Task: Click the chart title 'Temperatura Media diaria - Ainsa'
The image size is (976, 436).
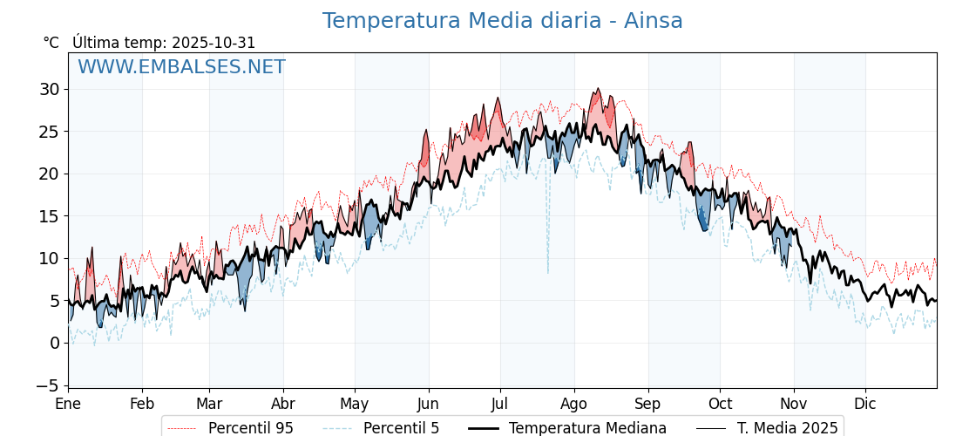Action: coord(502,21)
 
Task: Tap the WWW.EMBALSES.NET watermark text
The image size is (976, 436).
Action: coord(181,67)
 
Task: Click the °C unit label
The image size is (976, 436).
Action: coord(51,43)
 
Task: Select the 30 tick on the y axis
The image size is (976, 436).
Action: coord(49,89)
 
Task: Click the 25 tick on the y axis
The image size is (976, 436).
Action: coord(49,132)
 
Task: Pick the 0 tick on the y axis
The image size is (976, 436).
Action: coord(54,343)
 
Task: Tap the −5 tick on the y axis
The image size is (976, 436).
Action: coord(49,385)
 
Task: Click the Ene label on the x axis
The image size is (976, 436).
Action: coord(68,404)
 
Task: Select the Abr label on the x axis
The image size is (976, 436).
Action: coord(283,404)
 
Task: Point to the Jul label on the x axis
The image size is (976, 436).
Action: coord(500,404)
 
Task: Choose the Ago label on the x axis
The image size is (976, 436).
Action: coord(574,404)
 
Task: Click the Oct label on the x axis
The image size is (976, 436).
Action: coord(720,404)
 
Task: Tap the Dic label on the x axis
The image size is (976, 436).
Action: coord(865,404)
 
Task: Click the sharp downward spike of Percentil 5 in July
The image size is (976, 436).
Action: coord(548,271)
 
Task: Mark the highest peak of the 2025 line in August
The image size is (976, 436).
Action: coord(598,88)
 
